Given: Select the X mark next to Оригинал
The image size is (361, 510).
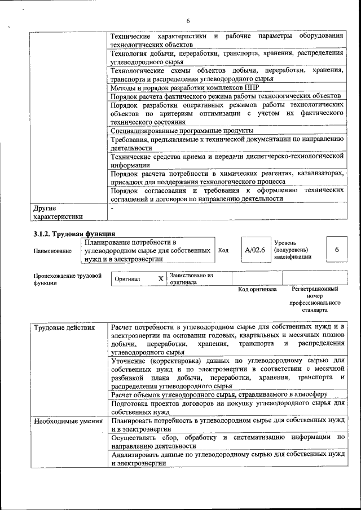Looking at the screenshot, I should click(160, 278).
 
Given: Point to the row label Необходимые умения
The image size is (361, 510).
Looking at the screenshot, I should click(68, 421).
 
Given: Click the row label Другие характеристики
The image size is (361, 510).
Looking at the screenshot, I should click(58, 211).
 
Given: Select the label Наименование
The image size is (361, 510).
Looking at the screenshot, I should click(52, 251).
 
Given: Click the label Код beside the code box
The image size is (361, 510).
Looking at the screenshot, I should click(223, 250).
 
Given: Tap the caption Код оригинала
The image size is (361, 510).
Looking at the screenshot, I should click(257, 289).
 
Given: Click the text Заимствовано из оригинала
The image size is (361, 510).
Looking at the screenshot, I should click(192, 278).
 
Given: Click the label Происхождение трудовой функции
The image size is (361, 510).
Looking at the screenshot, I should click(67, 280).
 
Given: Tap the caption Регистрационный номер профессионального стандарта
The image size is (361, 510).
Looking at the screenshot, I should click(314, 299).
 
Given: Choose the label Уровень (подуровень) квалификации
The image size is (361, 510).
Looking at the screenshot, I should click(292, 249).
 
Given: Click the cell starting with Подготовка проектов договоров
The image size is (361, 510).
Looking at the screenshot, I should click(227, 407).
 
